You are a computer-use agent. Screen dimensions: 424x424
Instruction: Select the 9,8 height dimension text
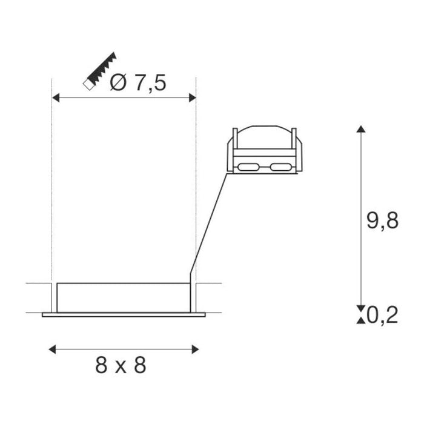(x=382, y=221)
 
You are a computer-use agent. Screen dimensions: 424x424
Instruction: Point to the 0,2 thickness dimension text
(x=382, y=315)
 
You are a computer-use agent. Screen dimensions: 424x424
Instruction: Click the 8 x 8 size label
(x=121, y=365)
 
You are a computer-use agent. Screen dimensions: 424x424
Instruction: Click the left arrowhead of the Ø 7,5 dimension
(x=55, y=97)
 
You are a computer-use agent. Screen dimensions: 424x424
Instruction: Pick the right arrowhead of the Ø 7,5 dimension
(x=193, y=97)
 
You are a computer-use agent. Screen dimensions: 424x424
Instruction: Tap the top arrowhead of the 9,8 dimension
(x=361, y=129)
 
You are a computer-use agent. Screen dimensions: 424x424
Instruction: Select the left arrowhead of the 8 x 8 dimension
(x=52, y=349)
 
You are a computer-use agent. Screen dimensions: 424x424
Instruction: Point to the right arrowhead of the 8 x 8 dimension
(x=195, y=349)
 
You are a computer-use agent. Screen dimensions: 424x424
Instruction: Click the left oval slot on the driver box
(x=248, y=166)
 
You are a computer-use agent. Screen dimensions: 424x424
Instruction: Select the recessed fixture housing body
(x=124, y=297)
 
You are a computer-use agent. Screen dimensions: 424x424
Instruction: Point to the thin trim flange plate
(x=124, y=314)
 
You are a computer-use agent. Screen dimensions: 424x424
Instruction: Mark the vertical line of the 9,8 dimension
(x=361, y=218)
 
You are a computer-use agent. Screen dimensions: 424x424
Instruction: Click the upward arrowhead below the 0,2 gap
(x=361, y=320)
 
